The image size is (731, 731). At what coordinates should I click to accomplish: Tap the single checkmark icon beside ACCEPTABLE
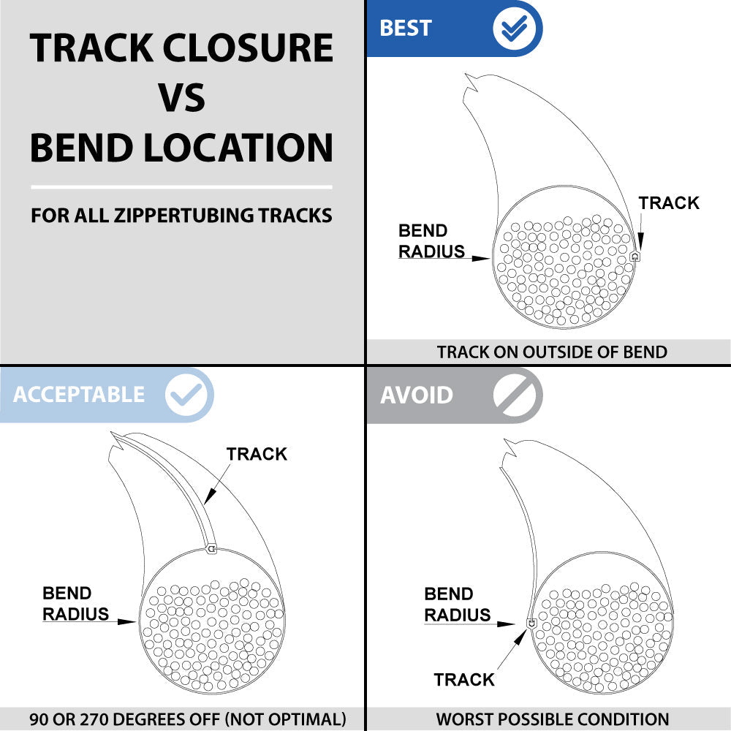click(189, 394)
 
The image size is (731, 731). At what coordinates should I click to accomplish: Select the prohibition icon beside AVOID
click(517, 395)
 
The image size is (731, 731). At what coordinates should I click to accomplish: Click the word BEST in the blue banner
click(406, 29)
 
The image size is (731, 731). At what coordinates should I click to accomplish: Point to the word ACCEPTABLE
click(79, 395)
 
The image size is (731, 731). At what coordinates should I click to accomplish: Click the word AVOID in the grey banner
click(417, 395)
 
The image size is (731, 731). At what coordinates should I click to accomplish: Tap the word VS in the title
click(181, 98)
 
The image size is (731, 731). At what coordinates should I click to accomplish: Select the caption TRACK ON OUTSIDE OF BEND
click(552, 352)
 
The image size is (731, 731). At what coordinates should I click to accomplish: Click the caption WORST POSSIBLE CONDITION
click(553, 719)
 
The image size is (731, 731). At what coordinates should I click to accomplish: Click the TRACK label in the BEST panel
click(669, 202)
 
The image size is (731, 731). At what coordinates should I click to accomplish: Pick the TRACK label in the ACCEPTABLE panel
click(257, 454)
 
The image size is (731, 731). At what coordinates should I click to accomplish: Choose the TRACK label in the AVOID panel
click(464, 680)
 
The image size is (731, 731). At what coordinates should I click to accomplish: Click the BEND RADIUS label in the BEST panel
click(432, 241)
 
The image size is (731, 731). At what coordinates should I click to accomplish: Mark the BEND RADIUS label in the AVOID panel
click(458, 605)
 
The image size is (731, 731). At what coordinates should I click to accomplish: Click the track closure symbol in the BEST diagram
click(635, 257)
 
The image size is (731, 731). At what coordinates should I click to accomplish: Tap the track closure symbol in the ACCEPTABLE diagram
click(211, 548)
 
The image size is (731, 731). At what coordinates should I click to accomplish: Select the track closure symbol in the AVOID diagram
click(531, 623)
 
